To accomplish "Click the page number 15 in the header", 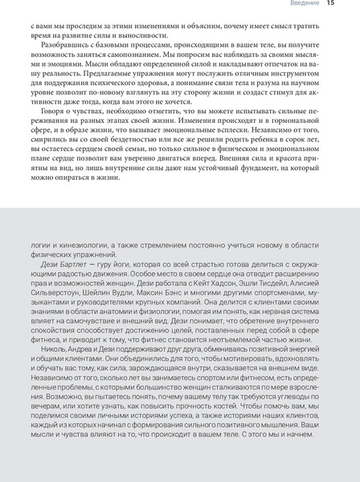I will (x=331, y=6).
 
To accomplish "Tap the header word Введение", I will (x=304, y=6).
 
